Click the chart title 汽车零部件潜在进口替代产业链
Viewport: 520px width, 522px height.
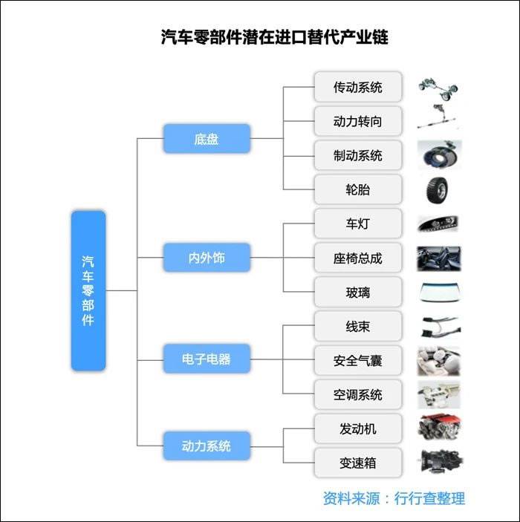point(275,37)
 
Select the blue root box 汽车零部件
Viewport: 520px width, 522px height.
point(88,290)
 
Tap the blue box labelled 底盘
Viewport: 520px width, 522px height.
point(207,139)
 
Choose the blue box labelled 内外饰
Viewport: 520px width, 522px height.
point(207,258)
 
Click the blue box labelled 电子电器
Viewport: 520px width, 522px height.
point(207,359)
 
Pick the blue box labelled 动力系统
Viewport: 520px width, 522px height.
point(207,446)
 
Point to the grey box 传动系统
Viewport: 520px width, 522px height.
point(358,87)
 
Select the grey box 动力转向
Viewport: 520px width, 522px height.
point(358,121)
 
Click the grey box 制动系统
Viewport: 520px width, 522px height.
point(358,155)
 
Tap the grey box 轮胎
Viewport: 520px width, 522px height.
point(358,189)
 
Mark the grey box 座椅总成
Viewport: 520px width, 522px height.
point(358,258)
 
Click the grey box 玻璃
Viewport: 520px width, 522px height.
point(358,293)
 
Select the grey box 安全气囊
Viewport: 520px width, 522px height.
point(358,361)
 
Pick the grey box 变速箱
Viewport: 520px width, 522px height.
point(358,463)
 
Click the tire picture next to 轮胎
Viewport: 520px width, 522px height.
point(438,189)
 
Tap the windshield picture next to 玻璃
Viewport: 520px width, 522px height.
point(438,293)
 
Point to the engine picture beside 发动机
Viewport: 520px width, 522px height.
point(438,428)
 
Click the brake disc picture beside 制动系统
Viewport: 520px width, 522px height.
point(438,155)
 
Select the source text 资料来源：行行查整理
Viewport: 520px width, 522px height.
point(394,498)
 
